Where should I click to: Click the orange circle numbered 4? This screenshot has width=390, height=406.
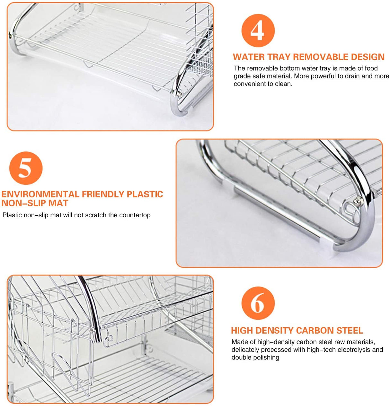click(x=258, y=31)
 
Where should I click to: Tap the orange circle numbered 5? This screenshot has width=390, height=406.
click(x=26, y=168)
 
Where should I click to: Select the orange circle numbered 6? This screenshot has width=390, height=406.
click(x=258, y=303)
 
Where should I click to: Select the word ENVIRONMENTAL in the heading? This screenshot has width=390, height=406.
click(x=40, y=194)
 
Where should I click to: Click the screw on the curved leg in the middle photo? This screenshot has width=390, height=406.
click(x=357, y=202)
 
